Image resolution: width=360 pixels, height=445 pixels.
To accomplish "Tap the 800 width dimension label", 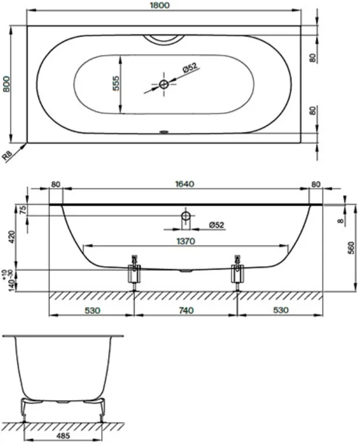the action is tap(6, 84).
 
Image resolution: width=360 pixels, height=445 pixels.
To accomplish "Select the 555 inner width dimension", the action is tap(116, 83).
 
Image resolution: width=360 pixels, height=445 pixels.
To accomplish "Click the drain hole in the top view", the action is tap(164, 84).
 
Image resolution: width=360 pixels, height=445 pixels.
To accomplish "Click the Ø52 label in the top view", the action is tap(190, 68).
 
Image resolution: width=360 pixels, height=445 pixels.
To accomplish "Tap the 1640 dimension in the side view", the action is tap(185, 184).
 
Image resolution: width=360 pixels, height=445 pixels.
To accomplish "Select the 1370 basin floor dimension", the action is tap(186, 241).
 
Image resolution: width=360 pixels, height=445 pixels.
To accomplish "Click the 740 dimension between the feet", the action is tap(186, 310).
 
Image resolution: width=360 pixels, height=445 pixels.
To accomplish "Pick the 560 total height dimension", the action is tap(351, 248).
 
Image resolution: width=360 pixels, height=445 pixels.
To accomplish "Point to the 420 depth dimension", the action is tap(12, 237).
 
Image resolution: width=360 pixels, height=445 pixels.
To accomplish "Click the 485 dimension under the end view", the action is tap(63, 436).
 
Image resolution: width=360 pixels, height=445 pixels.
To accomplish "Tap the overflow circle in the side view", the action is tap(186, 216).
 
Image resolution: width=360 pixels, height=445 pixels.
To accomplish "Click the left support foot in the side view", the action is tap(134, 273).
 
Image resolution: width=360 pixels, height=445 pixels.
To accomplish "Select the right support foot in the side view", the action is tap(237, 273).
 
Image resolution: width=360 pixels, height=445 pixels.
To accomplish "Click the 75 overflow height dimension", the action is tap(23, 210).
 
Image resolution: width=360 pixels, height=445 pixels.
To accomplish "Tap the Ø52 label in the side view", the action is tap(217, 225).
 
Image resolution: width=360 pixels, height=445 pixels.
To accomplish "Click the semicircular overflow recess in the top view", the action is tap(164, 40).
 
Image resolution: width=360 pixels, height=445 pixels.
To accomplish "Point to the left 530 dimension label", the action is tap(92, 310).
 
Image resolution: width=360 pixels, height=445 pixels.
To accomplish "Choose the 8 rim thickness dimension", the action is tap(341, 220).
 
